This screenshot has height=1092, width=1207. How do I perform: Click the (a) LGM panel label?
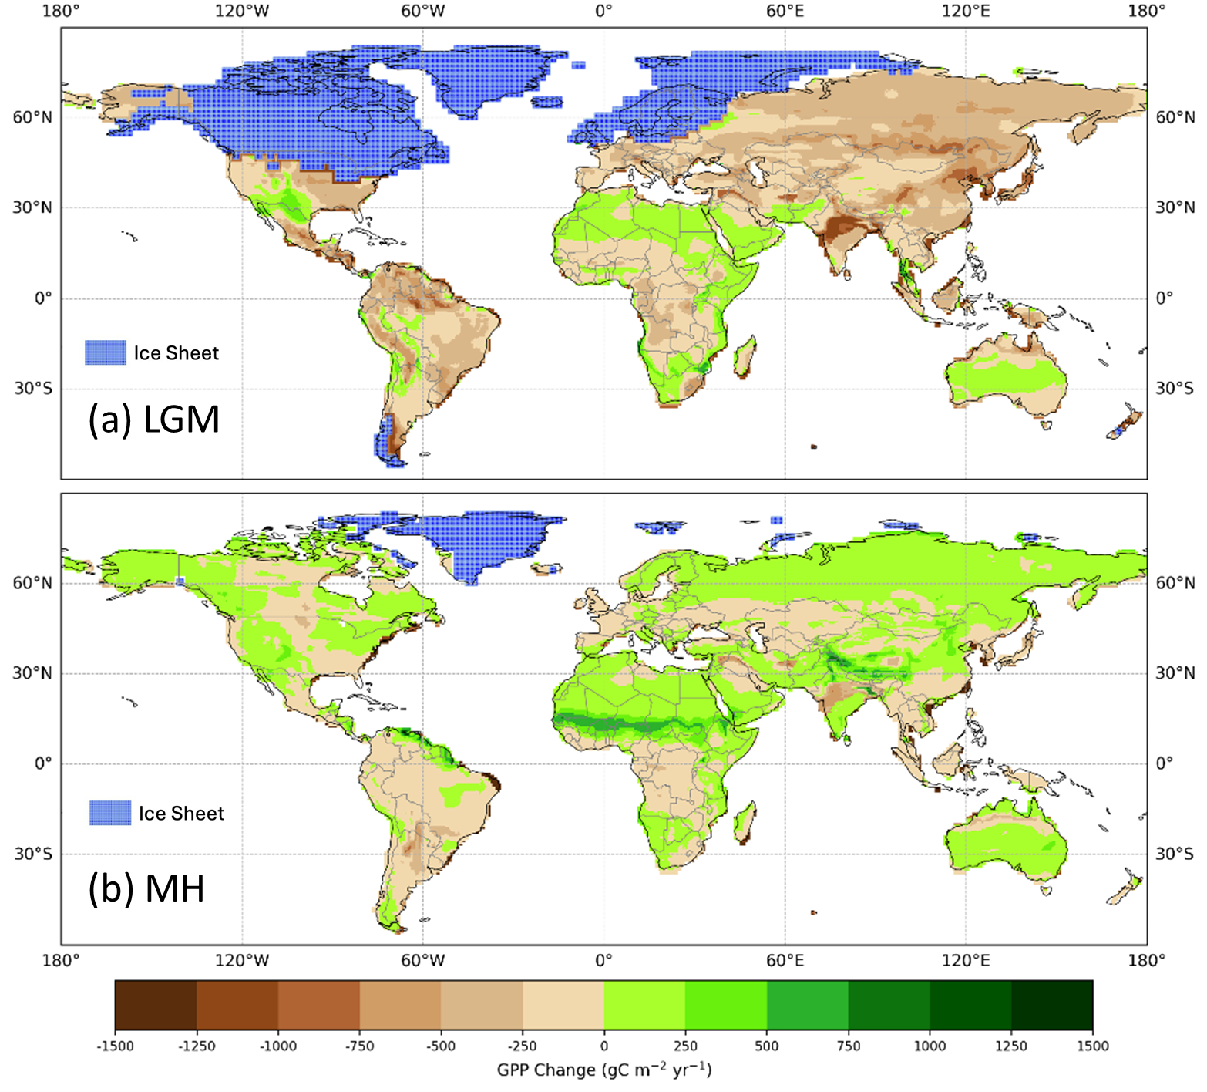pos(154,420)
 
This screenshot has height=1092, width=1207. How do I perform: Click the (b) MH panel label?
pos(146,888)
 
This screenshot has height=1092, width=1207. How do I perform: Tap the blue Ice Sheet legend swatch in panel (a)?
pos(106,352)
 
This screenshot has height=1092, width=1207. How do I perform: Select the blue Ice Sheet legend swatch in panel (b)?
pos(110,813)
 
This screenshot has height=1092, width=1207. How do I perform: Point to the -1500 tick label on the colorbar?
pos(115,1046)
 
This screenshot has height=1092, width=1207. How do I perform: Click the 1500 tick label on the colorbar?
pos(1092,1046)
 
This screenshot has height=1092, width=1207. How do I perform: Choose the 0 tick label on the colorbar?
pos(603,1046)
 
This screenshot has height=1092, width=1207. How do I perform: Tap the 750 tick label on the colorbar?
pos(848,1046)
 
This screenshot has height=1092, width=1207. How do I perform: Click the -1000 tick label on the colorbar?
pos(277,1046)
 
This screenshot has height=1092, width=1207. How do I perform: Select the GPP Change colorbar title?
pos(603,1070)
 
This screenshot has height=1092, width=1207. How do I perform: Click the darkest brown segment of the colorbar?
pos(156,1005)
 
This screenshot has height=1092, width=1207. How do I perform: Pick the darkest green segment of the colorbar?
pos(1052,1005)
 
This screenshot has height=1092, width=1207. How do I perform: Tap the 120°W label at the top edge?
pos(242,11)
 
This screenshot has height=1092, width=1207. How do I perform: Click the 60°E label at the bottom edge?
pos(785,961)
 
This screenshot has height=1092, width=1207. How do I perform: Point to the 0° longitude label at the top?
pos(603,11)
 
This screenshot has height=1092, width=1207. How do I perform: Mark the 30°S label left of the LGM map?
pos(32,388)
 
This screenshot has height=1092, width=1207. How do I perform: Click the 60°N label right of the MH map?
pos(1175,583)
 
